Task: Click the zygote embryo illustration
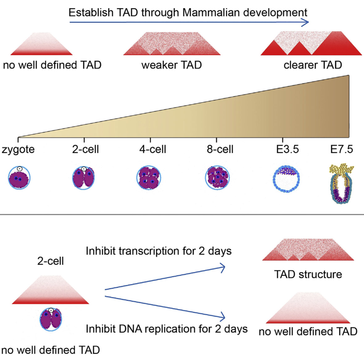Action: tap(19, 178)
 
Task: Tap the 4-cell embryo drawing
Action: tap(149, 178)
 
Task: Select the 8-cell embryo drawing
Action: tap(217, 178)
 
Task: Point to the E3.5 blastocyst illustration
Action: tap(286, 178)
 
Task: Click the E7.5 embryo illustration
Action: tap(341, 183)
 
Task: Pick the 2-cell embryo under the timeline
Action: tap(84, 178)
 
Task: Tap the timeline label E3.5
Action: tap(287, 149)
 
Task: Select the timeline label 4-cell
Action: tap(153, 149)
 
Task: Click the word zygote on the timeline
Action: tap(18, 150)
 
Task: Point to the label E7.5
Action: tap(341, 149)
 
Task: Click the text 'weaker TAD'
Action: tap(172, 65)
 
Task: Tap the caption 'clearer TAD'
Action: tap(313, 65)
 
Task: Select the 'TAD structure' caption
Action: tap(308, 274)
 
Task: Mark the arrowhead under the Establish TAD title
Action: tap(306, 22)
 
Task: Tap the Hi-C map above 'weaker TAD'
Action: tap(172, 44)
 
